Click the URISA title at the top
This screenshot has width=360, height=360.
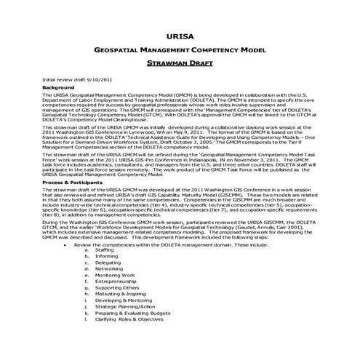tap(180, 34)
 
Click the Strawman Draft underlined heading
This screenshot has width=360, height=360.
tap(180, 63)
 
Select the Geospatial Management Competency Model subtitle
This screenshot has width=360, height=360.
tap(180, 49)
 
